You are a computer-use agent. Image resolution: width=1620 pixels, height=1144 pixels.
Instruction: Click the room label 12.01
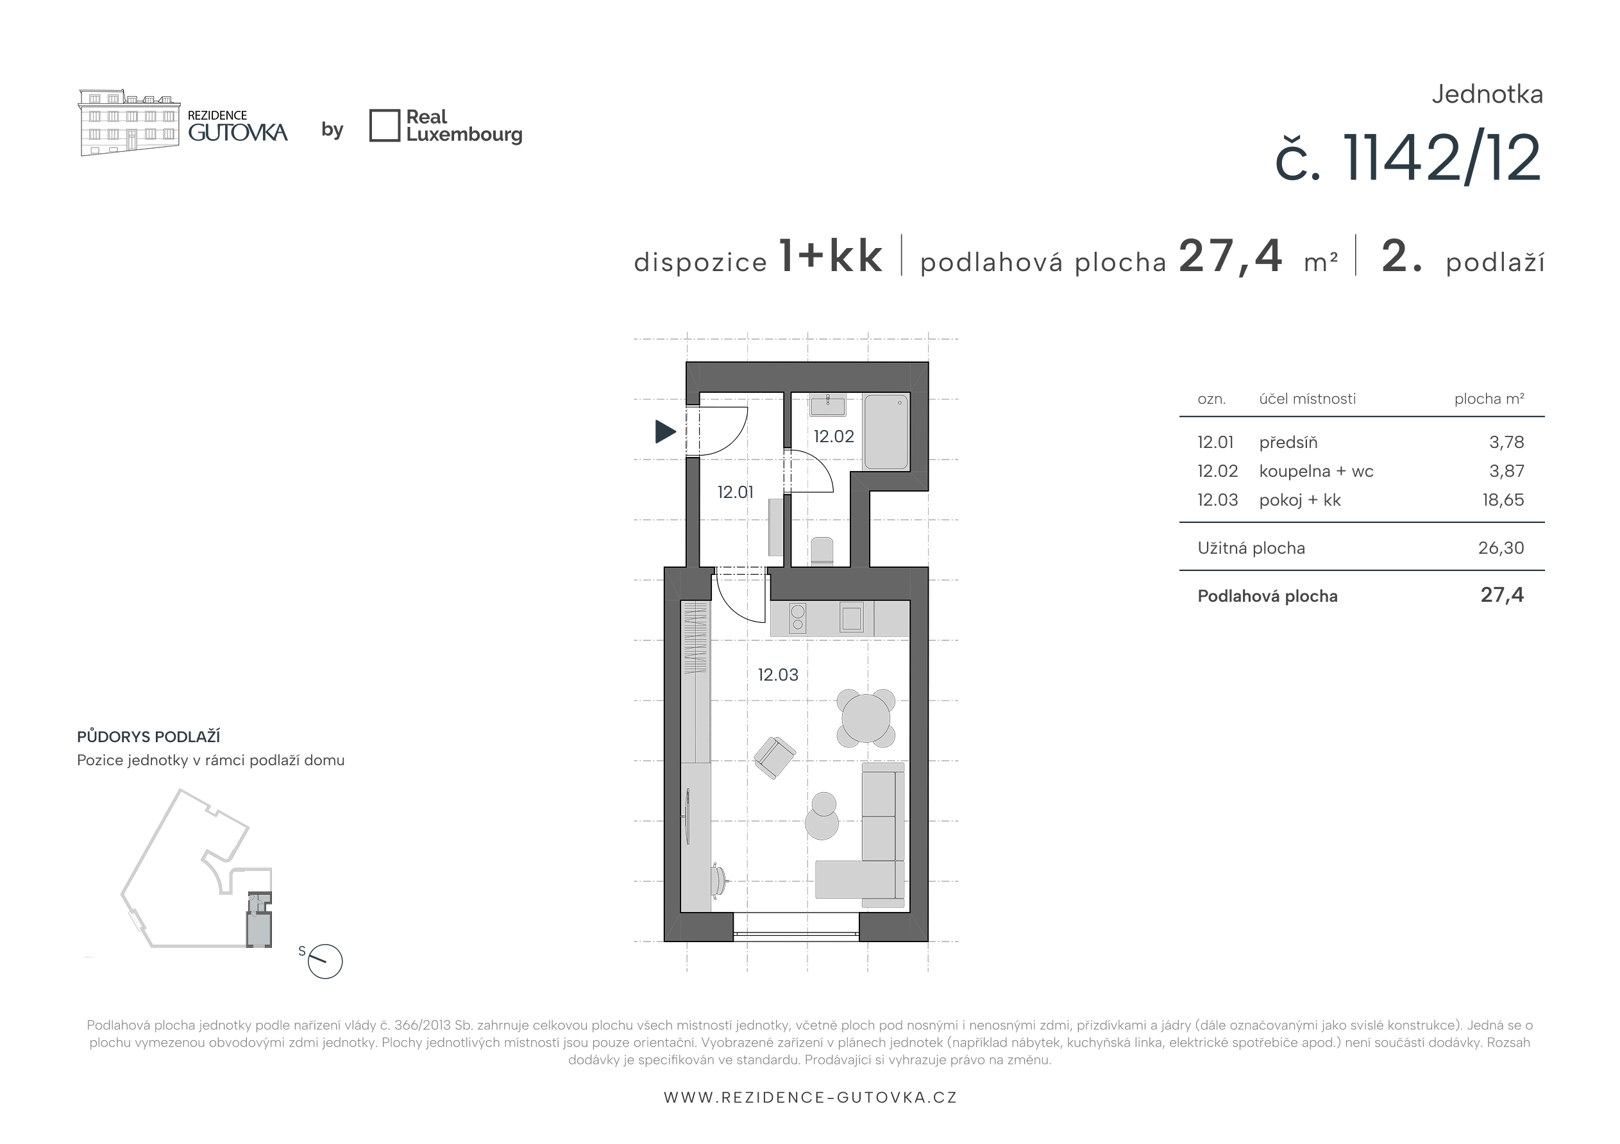click(x=735, y=492)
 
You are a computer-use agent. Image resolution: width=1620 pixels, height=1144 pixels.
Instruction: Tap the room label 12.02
click(x=833, y=436)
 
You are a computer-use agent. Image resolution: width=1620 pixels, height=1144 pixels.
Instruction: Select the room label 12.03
click(x=778, y=675)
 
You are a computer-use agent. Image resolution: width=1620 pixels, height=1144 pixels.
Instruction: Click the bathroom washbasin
click(x=828, y=406)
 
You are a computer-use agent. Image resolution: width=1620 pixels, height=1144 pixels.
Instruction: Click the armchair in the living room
click(x=774, y=758)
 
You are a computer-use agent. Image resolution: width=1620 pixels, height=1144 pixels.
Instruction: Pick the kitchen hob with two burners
click(x=797, y=618)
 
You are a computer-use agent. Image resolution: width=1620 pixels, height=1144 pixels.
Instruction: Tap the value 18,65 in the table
click(x=1503, y=500)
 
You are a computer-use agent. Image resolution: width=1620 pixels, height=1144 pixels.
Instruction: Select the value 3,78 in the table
click(x=1506, y=442)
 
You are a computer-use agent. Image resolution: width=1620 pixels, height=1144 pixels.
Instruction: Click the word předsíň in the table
click(x=1288, y=442)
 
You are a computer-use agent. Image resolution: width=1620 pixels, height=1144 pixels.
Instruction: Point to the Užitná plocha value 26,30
click(x=1501, y=548)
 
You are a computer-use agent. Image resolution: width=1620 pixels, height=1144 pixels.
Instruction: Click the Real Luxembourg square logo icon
click(x=385, y=126)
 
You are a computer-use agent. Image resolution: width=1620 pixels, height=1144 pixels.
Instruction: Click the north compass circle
click(x=325, y=961)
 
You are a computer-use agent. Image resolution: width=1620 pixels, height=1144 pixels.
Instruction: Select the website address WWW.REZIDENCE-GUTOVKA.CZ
click(x=810, y=1097)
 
